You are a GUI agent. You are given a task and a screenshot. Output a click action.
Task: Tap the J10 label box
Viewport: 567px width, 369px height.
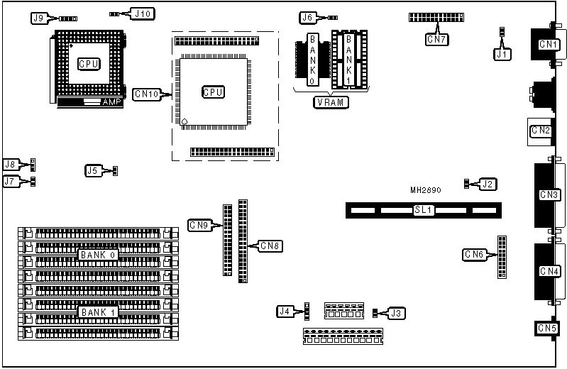[x=143, y=13]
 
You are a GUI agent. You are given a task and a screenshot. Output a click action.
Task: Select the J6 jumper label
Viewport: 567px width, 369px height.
[x=307, y=17]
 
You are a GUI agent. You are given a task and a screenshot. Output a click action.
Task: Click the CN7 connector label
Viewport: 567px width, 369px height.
[x=436, y=40]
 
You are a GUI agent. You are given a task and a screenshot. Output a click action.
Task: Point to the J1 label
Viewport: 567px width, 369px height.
[x=502, y=53]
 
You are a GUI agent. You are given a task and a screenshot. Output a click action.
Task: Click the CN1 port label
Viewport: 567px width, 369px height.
[x=549, y=45]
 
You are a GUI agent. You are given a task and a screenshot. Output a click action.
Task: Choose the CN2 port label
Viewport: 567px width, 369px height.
[x=541, y=130]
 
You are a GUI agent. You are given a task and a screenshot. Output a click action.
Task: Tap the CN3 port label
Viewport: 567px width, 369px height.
[x=549, y=194]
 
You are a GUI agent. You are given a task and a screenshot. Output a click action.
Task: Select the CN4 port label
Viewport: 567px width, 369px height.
[x=549, y=270]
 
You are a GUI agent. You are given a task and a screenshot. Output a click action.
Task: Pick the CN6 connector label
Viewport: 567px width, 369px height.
[x=474, y=254]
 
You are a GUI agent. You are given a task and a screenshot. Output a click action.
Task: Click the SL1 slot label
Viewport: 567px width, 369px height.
[x=424, y=210]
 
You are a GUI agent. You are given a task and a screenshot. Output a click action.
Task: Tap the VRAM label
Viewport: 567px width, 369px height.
[x=332, y=102]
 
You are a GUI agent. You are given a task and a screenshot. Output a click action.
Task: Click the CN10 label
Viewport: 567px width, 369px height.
[x=145, y=93]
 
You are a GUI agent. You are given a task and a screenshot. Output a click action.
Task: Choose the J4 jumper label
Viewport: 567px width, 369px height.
[x=285, y=311]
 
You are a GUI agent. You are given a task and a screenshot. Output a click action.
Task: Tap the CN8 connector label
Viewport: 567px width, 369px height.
[x=270, y=246]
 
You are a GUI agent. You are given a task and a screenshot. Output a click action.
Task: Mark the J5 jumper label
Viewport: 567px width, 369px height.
[x=92, y=170]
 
